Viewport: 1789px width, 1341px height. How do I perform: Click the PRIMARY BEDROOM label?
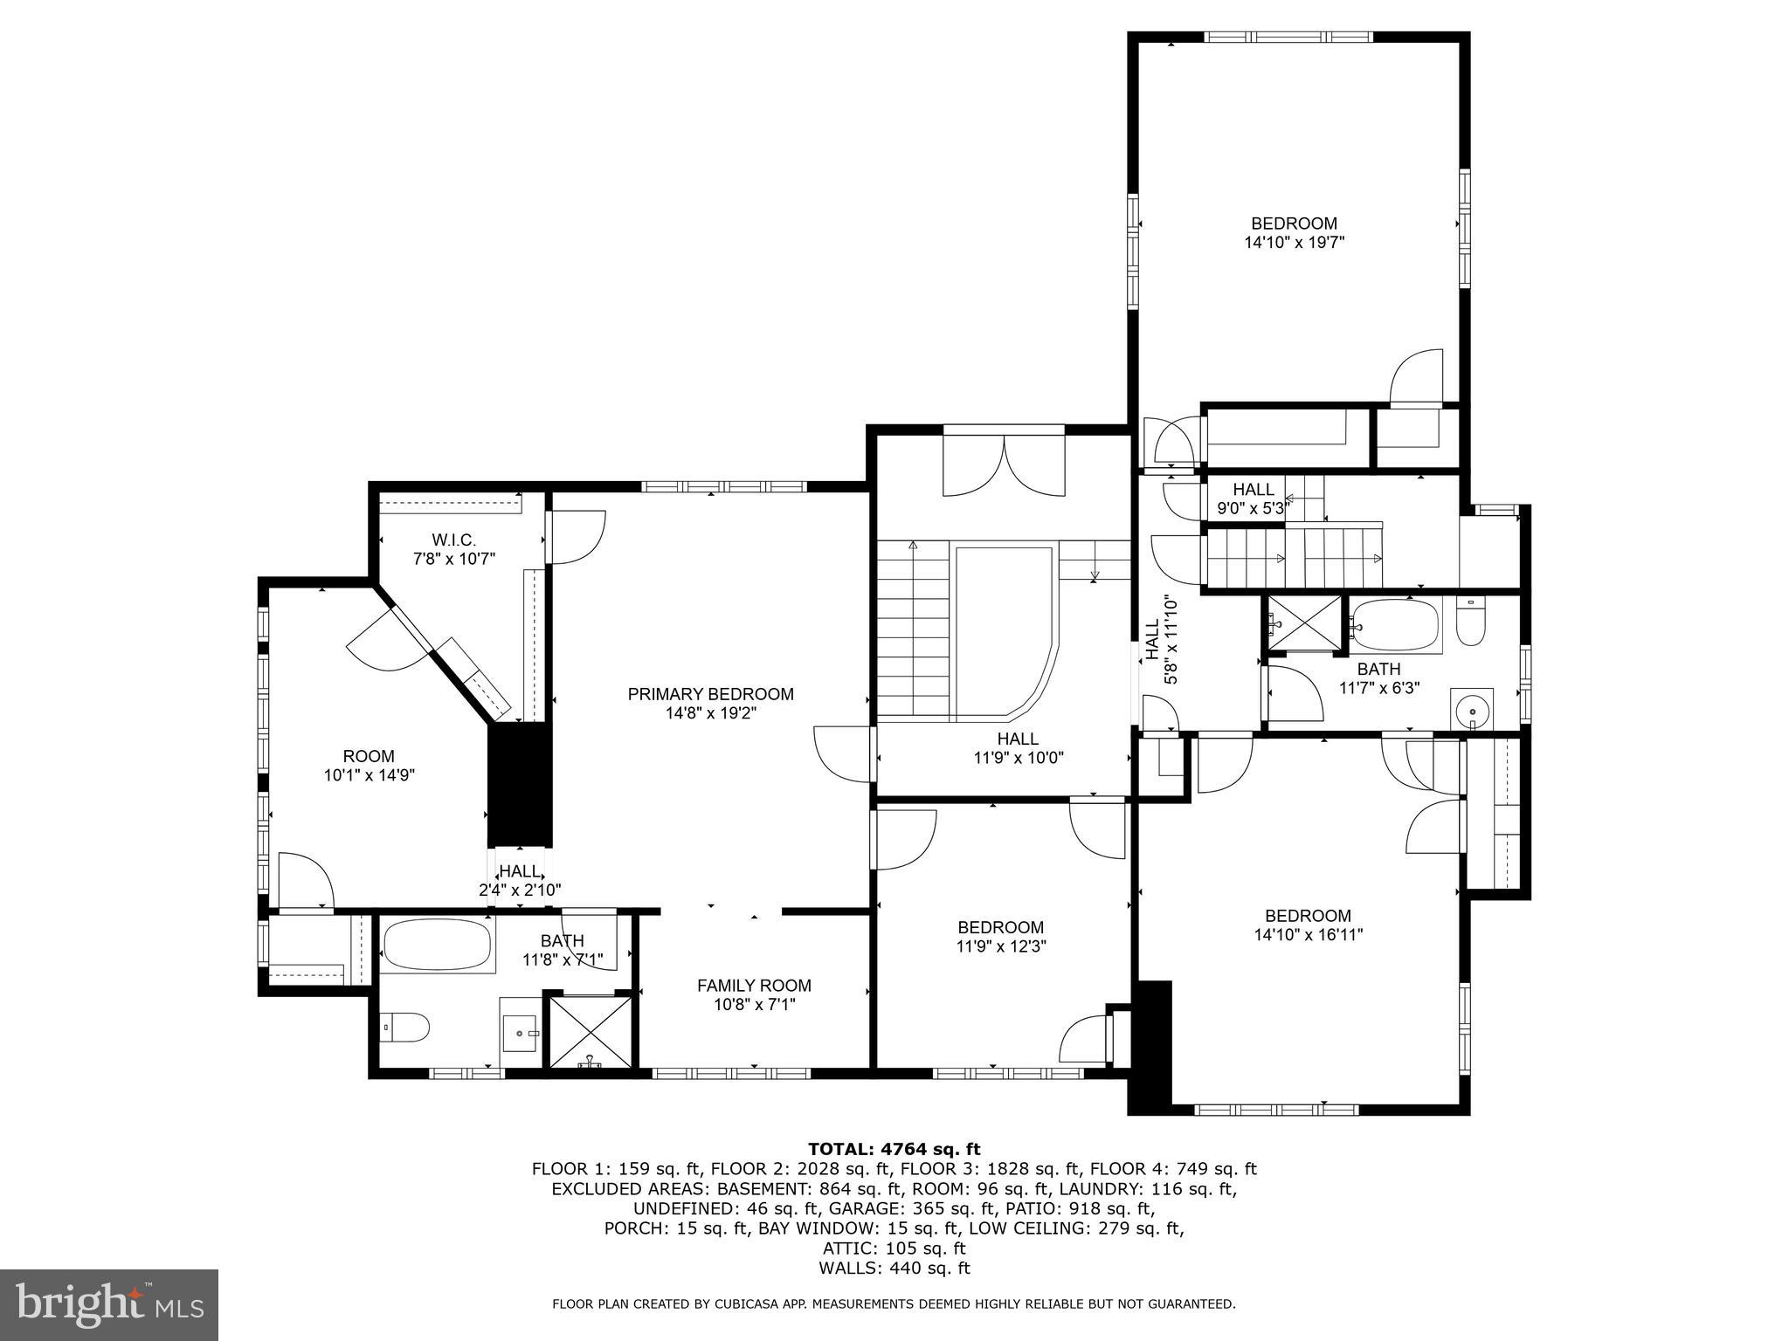pyautogui.click(x=710, y=694)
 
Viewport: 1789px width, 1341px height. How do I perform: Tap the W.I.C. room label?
pyautogui.click(x=454, y=541)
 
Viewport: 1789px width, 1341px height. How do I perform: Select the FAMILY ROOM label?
pyautogui.click(x=754, y=986)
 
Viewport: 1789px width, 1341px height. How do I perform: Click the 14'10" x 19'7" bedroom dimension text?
pyautogui.click(x=1294, y=243)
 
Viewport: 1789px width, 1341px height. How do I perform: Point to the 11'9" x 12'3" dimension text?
pyautogui.click(x=1000, y=946)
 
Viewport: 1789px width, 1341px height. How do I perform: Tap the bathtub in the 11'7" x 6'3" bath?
pyautogui.click(x=1394, y=625)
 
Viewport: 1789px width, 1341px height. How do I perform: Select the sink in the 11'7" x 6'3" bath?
pyautogui.click(x=1472, y=710)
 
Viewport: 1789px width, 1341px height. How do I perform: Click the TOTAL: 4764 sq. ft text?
pyautogui.click(x=894, y=1149)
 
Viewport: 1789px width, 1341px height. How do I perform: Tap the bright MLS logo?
pyautogui.click(x=108, y=1304)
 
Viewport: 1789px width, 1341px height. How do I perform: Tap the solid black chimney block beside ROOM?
pyautogui.click(x=520, y=783)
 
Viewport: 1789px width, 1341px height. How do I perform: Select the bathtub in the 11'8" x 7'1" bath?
pyautogui.click(x=437, y=944)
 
